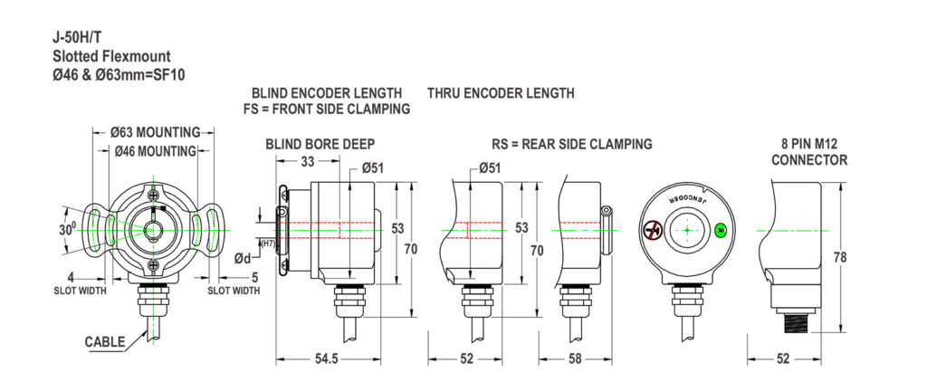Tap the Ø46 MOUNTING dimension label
click(x=156, y=150)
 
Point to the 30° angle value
click(x=67, y=230)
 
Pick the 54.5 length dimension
click(x=326, y=359)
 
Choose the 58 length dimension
click(x=575, y=359)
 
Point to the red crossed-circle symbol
click(x=652, y=230)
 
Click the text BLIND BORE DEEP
click(x=320, y=144)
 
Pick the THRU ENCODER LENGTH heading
click(x=501, y=93)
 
